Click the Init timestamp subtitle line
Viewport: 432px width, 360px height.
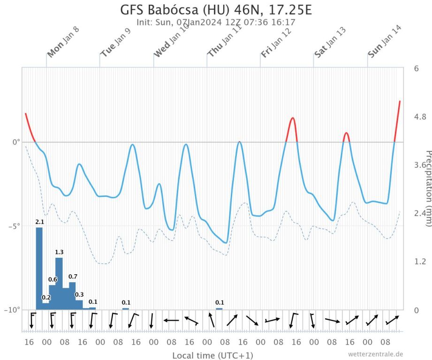click(x=216, y=22)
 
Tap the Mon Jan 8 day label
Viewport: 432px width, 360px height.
click(x=63, y=41)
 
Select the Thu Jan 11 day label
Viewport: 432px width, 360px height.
click(x=224, y=41)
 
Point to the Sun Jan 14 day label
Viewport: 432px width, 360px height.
click(x=385, y=41)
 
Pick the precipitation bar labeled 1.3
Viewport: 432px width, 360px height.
click(x=59, y=283)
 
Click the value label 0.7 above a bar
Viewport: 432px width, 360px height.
click(x=73, y=277)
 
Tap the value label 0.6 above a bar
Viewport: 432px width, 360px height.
click(x=53, y=280)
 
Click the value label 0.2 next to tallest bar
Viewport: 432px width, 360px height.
click(x=46, y=297)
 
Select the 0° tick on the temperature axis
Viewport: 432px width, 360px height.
click(x=15, y=142)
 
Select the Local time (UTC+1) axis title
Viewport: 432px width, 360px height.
click(x=212, y=355)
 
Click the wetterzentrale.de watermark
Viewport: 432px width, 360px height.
click(x=375, y=354)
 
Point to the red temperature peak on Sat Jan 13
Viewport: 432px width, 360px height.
click(x=346, y=134)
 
